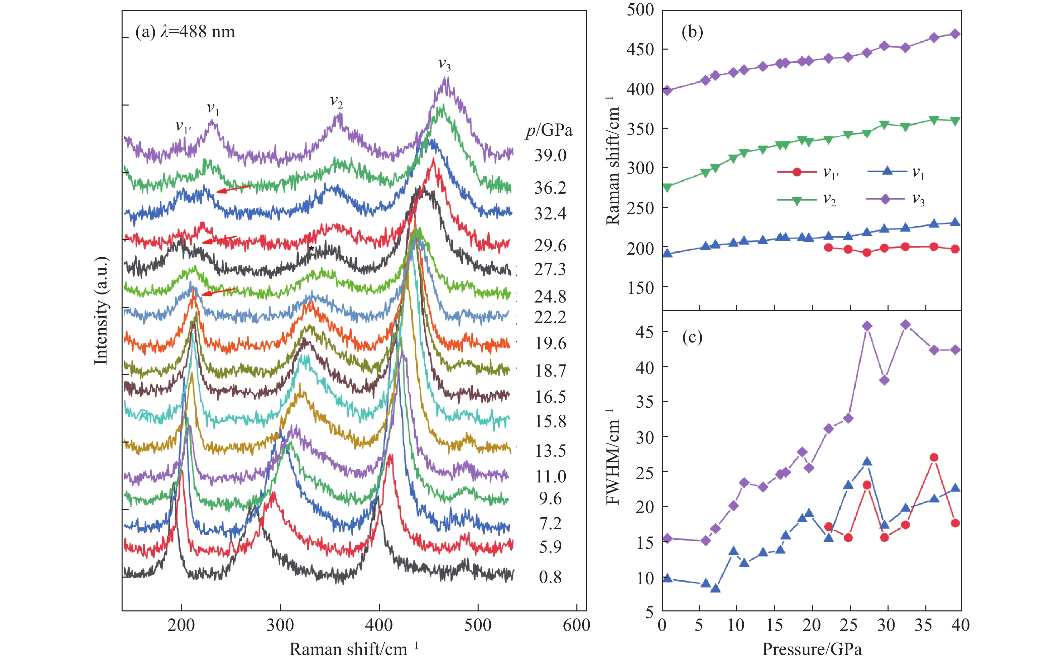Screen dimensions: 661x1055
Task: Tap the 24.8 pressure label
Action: tap(550, 297)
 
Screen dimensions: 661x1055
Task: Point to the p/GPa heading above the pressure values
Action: tap(549, 130)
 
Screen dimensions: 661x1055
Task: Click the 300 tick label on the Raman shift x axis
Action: tap(280, 625)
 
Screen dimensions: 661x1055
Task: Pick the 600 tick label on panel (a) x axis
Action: tap(576, 625)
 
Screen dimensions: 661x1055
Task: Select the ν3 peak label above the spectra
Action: tap(444, 65)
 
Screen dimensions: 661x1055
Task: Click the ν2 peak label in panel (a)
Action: tap(336, 102)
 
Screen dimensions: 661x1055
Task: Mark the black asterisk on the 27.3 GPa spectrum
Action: tap(311, 249)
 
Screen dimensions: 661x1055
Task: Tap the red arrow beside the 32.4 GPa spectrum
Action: tap(233, 189)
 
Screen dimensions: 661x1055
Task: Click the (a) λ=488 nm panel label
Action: tap(185, 32)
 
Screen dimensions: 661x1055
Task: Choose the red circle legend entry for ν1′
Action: tap(797, 172)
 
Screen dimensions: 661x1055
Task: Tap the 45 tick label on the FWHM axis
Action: tap(645, 332)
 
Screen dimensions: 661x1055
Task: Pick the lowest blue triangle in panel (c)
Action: tap(715, 588)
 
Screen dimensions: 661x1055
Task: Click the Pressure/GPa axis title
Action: tap(812, 650)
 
